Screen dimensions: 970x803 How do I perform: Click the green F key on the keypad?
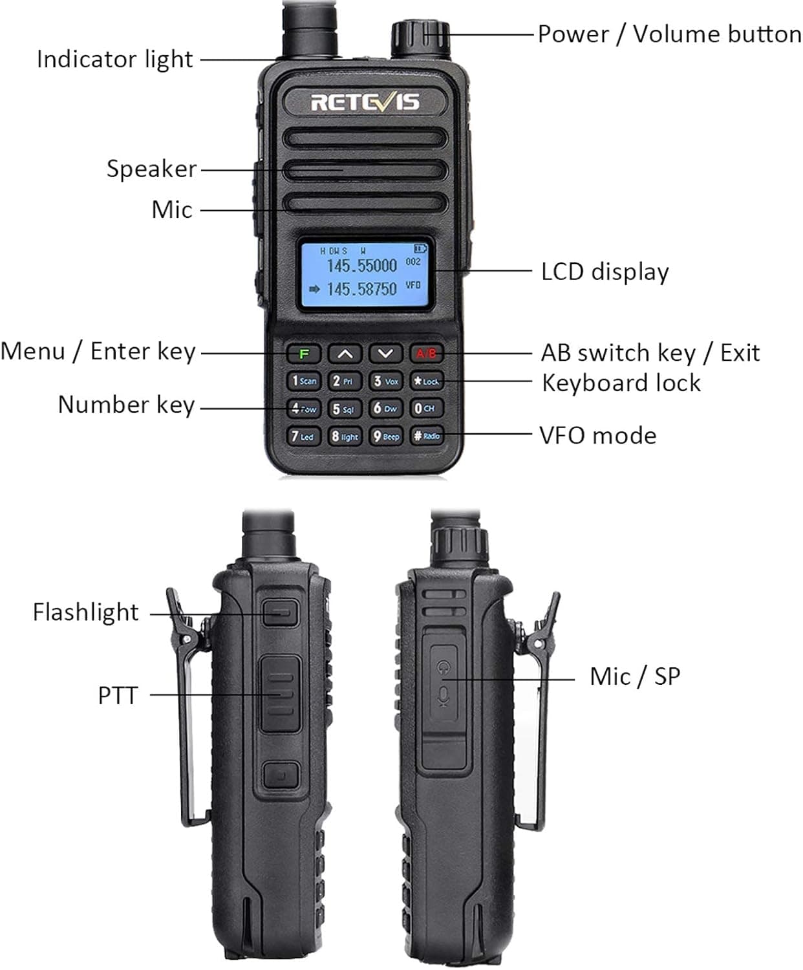point(304,354)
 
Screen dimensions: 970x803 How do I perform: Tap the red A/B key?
point(427,354)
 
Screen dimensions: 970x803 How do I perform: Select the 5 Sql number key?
point(344,409)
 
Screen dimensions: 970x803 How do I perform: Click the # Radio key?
point(427,436)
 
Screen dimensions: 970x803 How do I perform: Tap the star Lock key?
point(427,382)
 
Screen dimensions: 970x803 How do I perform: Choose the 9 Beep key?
point(386,436)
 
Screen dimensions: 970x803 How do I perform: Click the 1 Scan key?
point(304,381)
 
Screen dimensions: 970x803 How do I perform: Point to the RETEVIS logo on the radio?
point(365,102)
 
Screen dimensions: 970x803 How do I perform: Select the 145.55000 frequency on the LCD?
point(361,265)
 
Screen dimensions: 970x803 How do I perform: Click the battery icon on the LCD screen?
point(420,248)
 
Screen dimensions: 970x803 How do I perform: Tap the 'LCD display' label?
point(605,272)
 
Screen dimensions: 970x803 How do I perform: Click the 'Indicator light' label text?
point(114,59)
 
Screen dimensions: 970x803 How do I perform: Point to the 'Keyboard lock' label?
point(621,383)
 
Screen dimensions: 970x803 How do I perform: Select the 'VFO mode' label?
point(598,435)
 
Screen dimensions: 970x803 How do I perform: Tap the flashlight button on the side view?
point(281,612)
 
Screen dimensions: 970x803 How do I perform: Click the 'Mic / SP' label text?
point(635,676)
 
